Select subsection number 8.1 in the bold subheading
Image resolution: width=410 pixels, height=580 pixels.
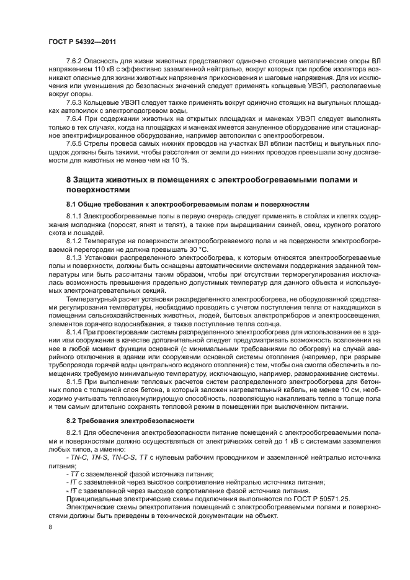coord(72,203)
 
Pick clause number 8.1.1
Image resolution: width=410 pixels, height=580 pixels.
coord(75,215)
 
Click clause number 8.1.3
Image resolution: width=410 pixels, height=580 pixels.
coord(75,256)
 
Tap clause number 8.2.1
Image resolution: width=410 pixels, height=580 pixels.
coord(75,434)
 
